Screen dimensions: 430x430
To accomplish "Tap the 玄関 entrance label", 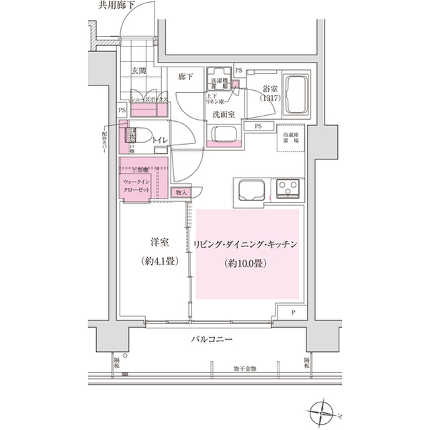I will [139, 70].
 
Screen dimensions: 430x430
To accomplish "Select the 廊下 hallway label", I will [185, 77].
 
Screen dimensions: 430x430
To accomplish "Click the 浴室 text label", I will [271, 87].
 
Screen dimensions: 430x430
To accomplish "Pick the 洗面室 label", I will [222, 114].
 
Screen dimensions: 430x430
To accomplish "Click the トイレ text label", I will [160, 139].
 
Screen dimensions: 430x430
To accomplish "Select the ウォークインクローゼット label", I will [139, 186].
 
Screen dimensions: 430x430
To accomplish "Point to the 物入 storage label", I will [182, 192].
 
